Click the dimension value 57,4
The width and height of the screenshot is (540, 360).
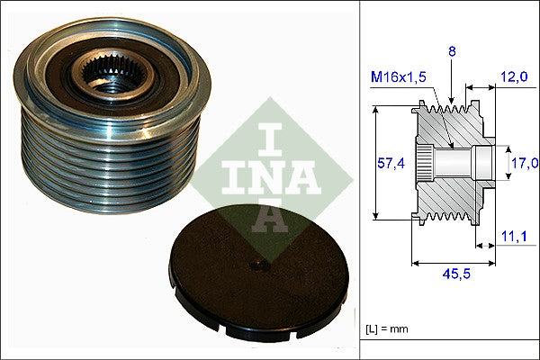point(389,163)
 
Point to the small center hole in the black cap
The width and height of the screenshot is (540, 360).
point(257,265)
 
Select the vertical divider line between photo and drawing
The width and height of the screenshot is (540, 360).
point(360,180)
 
